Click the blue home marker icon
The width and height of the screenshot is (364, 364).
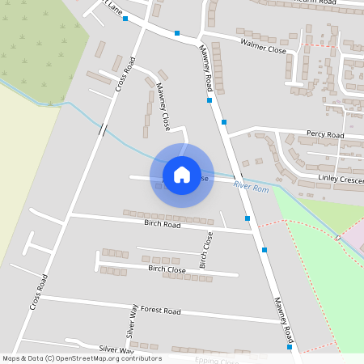pos(182,175)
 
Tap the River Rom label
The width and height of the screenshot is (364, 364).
pos(250,187)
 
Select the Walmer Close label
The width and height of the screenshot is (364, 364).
pos(263,44)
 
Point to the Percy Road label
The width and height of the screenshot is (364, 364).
pos(324,134)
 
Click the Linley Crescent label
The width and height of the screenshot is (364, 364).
pos(339,177)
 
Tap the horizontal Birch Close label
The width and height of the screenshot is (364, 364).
pos(167,269)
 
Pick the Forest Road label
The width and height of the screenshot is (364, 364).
pos(159,310)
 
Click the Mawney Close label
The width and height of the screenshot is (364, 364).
pos(163,108)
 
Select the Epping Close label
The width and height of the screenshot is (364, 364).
pos(217,360)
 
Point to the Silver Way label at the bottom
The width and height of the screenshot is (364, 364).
pos(116,349)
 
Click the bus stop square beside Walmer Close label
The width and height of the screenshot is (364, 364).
pos(177,33)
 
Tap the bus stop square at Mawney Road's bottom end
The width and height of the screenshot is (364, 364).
pos(289,347)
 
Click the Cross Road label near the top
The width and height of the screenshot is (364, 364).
pos(123,74)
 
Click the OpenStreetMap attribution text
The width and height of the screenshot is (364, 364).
pos(83,358)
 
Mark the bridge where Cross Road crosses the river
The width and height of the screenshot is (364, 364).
pos(104,128)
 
